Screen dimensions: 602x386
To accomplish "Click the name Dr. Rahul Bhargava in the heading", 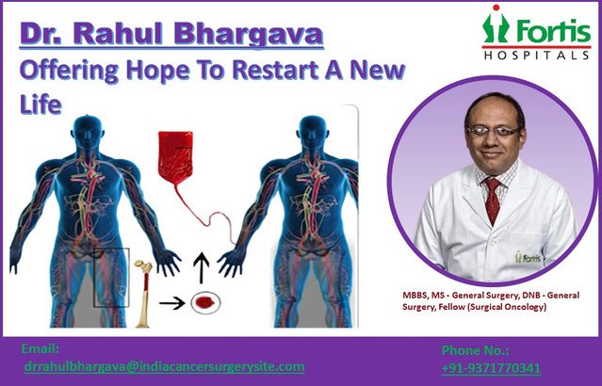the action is (171, 34).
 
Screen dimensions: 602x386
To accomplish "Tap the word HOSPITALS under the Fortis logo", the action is (536, 56).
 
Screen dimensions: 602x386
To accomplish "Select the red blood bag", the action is (175, 158).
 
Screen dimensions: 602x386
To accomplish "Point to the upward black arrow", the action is (202, 267).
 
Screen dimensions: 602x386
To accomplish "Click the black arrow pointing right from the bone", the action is (172, 303).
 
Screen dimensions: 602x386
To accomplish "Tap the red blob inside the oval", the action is (204, 303).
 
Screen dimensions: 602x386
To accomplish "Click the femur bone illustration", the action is (143, 294).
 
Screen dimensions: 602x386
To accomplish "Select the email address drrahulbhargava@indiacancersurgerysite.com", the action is (165, 366).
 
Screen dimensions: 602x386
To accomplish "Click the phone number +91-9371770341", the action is (491, 368).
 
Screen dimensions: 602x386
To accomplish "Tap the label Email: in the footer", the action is (41, 348).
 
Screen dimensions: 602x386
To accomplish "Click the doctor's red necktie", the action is (492, 200).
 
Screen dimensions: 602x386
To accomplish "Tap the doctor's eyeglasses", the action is (493, 131).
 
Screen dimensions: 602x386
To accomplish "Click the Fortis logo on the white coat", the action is (528, 257).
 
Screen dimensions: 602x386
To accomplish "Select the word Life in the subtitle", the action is (41, 104).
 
